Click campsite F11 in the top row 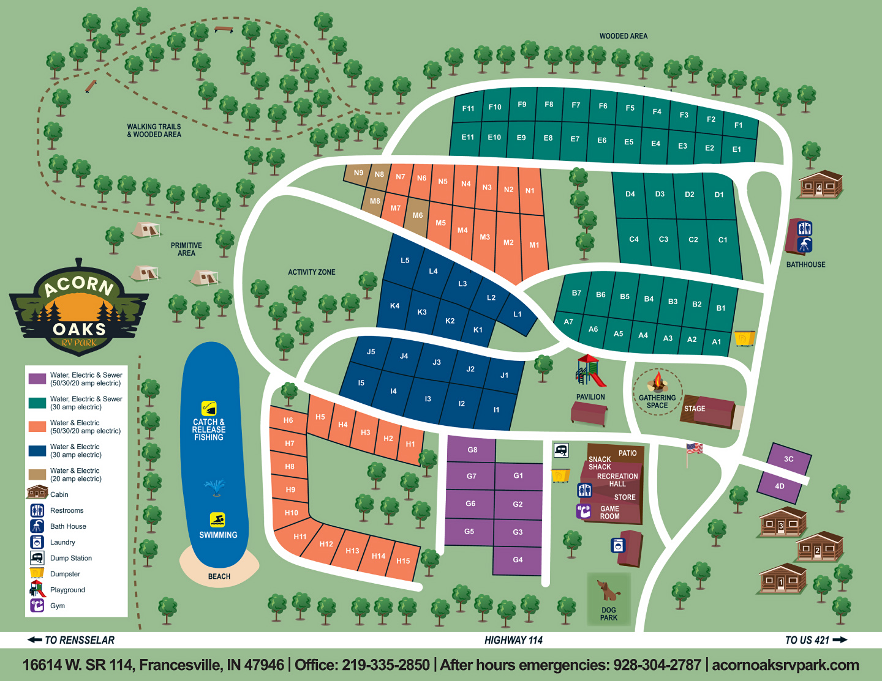click(468, 108)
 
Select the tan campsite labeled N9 click(358, 173)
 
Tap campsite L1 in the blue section click(518, 314)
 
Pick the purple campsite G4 click(518, 560)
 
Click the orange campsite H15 click(403, 561)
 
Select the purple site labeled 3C click(789, 459)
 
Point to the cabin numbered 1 click(782, 579)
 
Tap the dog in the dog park click(607, 590)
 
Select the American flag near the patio click(694, 448)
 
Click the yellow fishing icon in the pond click(209, 408)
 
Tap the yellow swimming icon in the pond click(217, 519)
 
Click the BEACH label click(219, 576)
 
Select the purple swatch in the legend click(37, 379)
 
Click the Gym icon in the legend click(37, 606)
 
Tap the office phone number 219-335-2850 click(386, 665)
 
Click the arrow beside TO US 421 click(840, 640)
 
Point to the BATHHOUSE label click(805, 264)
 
